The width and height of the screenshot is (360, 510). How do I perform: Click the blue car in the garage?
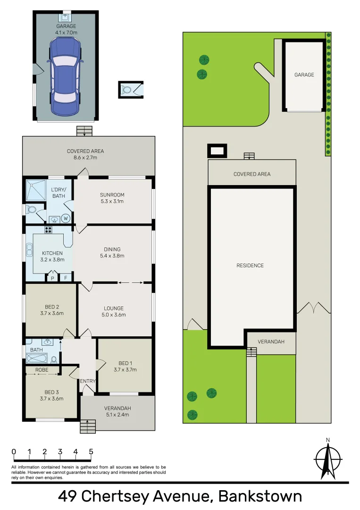tap(65, 76)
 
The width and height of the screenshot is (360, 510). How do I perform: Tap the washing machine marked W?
tap(66, 218)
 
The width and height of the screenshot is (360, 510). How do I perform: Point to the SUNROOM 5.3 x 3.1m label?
tap(112, 198)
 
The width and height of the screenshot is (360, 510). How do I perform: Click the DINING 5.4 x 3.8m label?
tap(112, 253)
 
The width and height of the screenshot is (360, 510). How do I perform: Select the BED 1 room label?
tap(125, 366)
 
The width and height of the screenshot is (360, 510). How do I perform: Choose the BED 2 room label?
tap(51, 310)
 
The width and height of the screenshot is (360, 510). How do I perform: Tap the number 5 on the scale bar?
tap(91, 451)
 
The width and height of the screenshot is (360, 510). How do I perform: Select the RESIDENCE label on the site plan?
tap(250, 265)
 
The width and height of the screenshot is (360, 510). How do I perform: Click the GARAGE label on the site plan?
tap(304, 75)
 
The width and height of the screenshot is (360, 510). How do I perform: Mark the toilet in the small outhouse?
tap(127, 90)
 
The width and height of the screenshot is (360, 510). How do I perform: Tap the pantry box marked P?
tap(52, 278)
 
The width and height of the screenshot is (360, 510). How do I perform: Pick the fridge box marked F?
tap(66, 278)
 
